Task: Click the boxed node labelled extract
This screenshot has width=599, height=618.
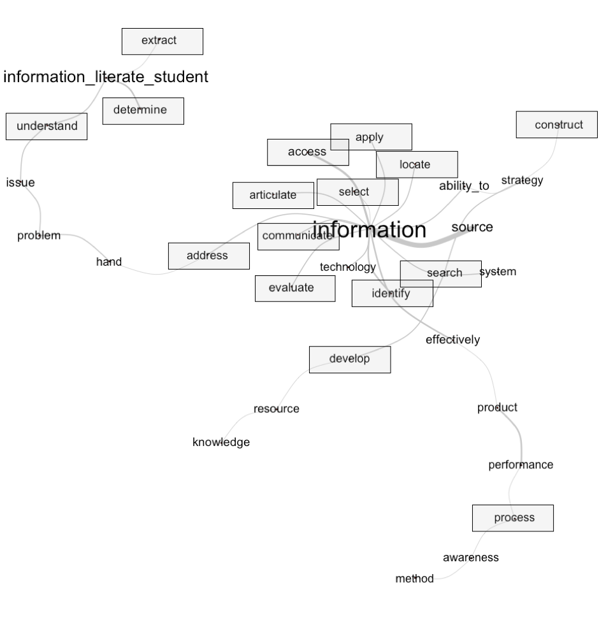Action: point(162,41)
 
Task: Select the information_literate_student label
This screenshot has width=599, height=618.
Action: point(106,78)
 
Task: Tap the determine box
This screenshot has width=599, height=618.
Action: point(143,111)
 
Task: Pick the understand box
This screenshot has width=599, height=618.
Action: point(47,126)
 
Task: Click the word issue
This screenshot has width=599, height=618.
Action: point(20,183)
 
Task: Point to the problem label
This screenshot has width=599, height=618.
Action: point(39,236)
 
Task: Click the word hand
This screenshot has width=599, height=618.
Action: point(109,262)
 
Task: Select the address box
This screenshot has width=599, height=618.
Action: point(208,256)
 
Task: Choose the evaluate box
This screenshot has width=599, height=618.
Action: point(294,288)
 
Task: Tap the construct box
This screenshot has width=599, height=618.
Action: point(556,125)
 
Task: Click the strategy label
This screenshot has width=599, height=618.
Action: point(522,180)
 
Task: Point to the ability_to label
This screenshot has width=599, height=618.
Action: point(464,186)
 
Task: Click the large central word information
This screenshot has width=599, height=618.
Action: point(369,229)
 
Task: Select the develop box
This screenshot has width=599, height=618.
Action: point(349,359)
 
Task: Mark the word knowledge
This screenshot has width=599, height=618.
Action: point(221,442)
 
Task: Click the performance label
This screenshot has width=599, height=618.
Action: point(521,465)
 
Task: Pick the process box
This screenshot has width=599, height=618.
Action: point(512,518)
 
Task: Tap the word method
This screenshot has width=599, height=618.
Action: point(415,579)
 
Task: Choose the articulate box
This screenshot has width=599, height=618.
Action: point(273,196)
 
